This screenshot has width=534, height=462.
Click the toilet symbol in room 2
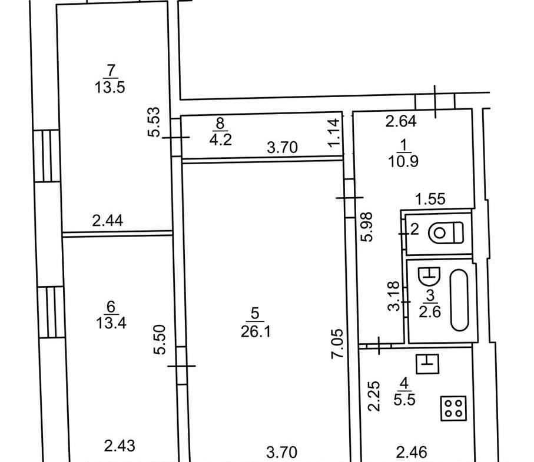446,233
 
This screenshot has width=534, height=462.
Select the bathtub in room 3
459,300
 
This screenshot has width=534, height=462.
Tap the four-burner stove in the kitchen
453,408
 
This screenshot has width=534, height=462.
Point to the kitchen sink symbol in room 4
428,364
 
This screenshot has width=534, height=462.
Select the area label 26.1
256,331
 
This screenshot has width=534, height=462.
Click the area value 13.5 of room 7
110,88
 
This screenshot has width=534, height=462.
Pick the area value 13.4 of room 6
111,323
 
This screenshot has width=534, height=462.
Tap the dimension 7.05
337,343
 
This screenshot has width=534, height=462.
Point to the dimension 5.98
367,227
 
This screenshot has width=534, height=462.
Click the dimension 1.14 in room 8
334,132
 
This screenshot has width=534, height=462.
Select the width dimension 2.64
401,122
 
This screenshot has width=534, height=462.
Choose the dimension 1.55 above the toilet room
430,199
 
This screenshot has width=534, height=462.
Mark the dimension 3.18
394,296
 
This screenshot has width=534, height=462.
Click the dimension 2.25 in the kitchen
374,396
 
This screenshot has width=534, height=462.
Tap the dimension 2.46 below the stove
412,453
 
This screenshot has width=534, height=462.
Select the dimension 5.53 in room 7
154,122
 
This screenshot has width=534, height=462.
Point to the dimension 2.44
108,221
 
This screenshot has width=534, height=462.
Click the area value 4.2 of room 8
221,140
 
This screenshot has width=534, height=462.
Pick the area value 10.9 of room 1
403,161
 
